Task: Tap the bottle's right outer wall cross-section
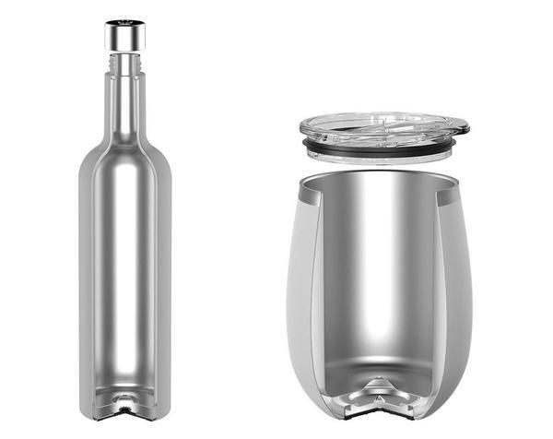[x=166, y=277]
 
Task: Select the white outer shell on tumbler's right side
[x=461, y=277]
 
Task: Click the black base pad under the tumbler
[x=382, y=412]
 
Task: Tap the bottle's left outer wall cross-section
[x=85, y=277]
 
